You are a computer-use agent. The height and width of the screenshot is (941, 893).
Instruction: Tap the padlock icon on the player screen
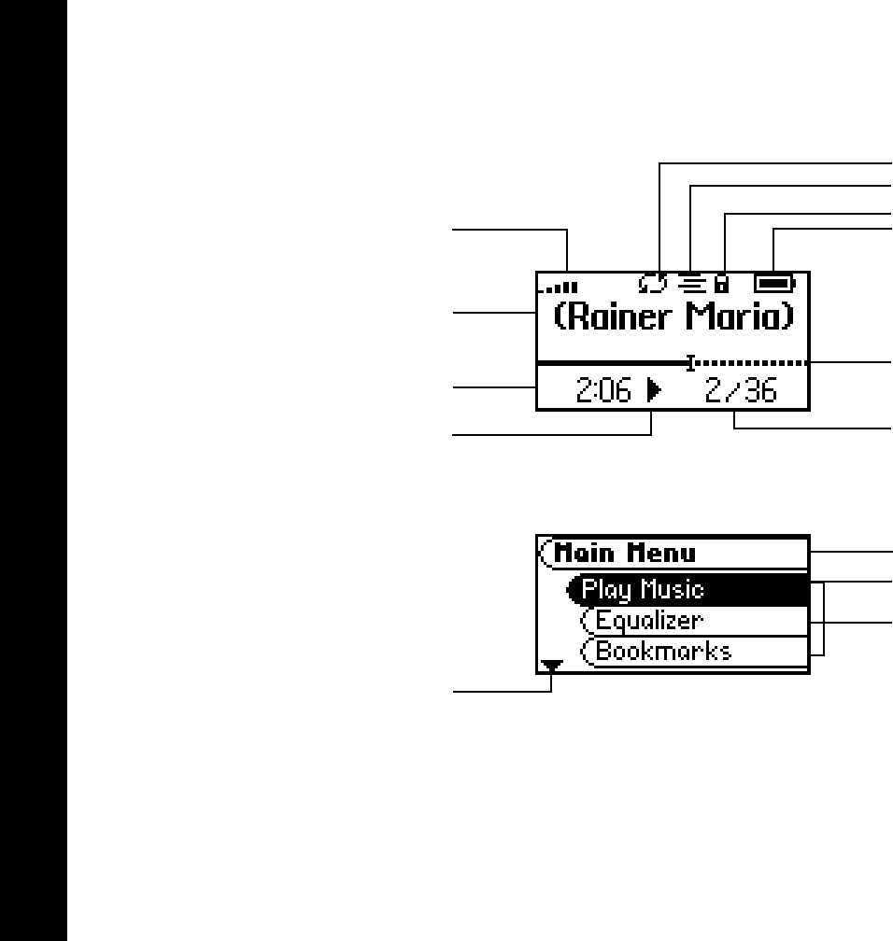point(722,280)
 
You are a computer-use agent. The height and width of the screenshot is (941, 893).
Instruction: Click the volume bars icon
point(563,286)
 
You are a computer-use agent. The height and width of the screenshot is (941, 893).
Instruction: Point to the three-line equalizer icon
point(692,280)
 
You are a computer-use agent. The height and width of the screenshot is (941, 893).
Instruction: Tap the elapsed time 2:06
point(603,391)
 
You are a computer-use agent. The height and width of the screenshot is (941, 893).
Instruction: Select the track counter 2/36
point(741,391)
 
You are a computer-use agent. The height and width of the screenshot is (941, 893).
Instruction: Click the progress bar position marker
point(690,362)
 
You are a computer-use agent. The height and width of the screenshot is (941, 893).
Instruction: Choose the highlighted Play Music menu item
point(642,590)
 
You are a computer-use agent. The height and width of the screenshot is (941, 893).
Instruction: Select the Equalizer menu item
point(650,621)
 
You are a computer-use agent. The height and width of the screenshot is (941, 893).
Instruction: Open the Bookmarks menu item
point(663,651)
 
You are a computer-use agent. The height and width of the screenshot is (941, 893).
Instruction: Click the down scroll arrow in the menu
point(553,666)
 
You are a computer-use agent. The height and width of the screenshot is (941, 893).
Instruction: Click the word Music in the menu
point(673,590)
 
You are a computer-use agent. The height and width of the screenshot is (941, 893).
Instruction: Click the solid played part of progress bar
point(612,362)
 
